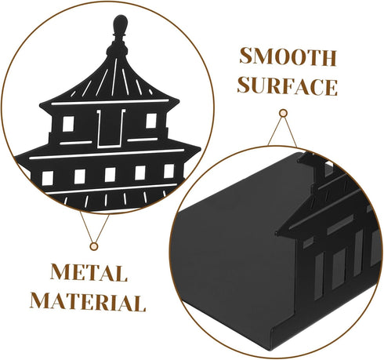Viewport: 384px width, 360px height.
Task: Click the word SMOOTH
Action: pyautogui.click(x=288, y=56)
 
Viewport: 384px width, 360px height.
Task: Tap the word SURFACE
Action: pyautogui.click(x=288, y=86)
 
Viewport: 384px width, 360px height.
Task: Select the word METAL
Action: pyautogui.click(x=89, y=272)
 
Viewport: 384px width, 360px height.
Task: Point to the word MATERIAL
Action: pyautogui.click(x=88, y=302)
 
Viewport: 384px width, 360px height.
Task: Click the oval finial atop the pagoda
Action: pyautogui.click(x=121, y=24)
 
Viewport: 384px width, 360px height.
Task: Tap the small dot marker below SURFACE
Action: pyautogui.click(x=283, y=113)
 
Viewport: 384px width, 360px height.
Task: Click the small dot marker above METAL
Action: pyautogui.click(x=93, y=246)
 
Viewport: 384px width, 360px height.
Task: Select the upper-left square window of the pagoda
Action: pyautogui.click(x=68, y=124)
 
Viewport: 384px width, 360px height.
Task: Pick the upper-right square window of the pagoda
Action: pyautogui.click(x=151, y=121)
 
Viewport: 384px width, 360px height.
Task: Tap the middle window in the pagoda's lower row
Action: pyautogui.click(x=110, y=175)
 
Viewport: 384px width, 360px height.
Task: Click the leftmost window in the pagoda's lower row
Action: pyautogui.click(x=48, y=178)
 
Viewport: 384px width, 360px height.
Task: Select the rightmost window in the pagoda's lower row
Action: pyautogui.click(x=169, y=171)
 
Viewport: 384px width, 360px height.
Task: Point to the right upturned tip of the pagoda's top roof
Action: pyautogui.click(x=178, y=101)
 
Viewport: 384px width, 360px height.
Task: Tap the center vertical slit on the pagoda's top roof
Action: pyautogui.click(x=114, y=77)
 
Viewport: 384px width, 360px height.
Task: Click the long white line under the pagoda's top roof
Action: pyautogui.click(x=110, y=102)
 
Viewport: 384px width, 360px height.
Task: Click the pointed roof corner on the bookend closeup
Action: pyautogui.click(x=277, y=233)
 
